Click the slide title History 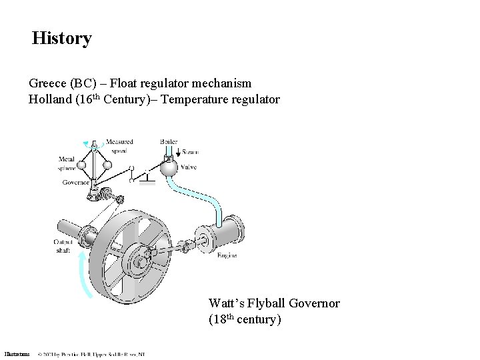[62, 39]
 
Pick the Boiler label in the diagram [169, 141]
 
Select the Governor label [76, 182]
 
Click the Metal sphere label [66, 163]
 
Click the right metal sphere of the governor [107, 165]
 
